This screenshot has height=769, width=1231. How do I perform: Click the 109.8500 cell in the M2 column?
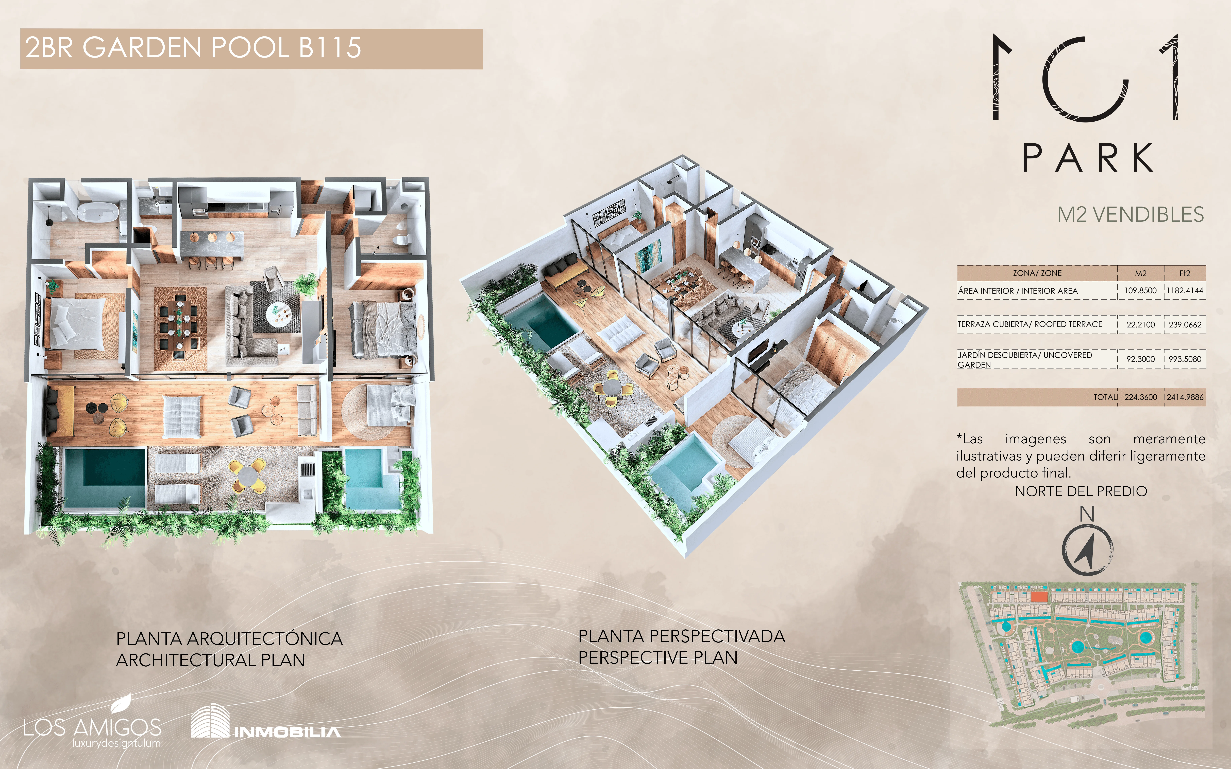tap(1140, 290)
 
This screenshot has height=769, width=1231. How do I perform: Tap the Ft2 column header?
tap(1185, 273)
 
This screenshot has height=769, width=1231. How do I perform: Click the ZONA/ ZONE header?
tap(1037, 273)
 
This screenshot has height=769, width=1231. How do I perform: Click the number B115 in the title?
tap(330, 48)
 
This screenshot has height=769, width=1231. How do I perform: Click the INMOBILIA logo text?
tap(287, 732)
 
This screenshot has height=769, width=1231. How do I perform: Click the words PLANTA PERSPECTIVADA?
tap(681, 636)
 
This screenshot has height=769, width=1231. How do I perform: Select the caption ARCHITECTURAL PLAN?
tap(211, 660)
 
